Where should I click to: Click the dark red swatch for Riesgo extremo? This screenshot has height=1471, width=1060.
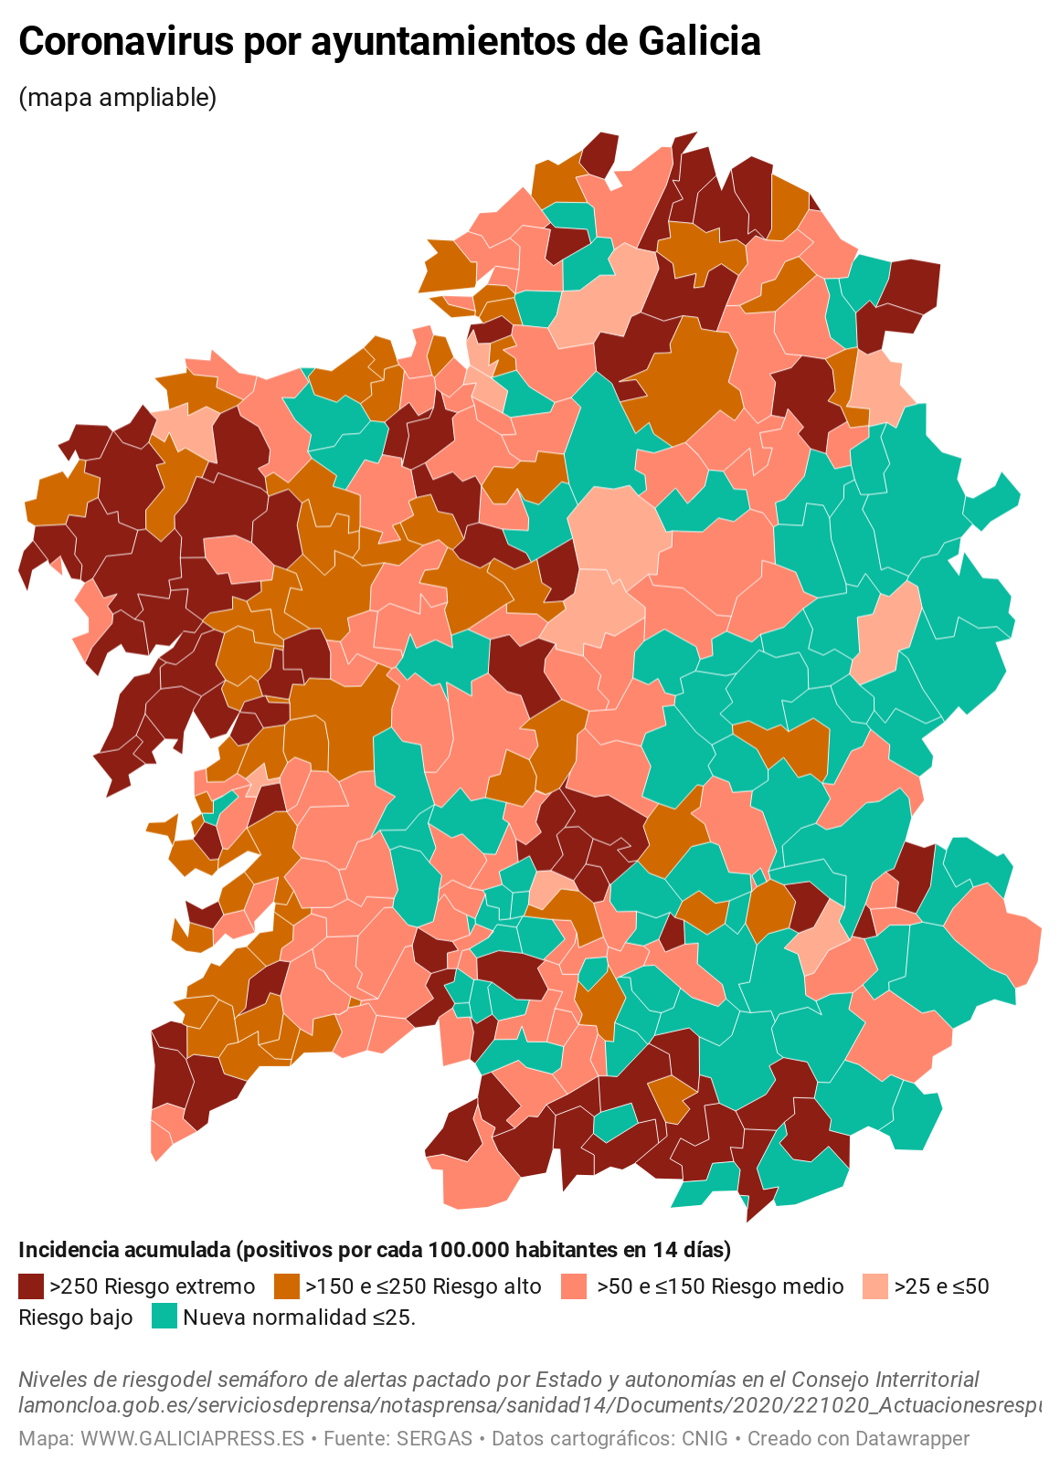pos(31,1286)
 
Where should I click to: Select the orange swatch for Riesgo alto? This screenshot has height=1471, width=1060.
pos(287,1286)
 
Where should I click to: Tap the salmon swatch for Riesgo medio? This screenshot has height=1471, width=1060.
pos(574,1286)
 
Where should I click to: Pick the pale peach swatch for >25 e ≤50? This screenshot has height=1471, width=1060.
pos(875,1286)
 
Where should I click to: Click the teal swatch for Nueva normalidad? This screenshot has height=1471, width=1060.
pos(164,1317)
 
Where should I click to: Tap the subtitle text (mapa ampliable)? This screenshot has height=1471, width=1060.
pos(118,97)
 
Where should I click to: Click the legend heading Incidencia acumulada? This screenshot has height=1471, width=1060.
pos(122,1249)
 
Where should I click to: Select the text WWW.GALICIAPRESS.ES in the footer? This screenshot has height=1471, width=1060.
pos(192,1439)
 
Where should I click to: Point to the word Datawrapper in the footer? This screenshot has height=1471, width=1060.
pos(910,1439)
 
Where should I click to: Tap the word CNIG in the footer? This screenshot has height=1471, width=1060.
pos(705,1439)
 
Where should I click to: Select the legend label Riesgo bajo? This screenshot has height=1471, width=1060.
pos(76,1317)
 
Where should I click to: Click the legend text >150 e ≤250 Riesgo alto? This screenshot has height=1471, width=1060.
pos(423,1286)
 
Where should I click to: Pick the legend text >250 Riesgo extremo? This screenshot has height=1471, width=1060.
pos(153,1286)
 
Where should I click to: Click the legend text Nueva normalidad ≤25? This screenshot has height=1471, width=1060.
pos(299,1317)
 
